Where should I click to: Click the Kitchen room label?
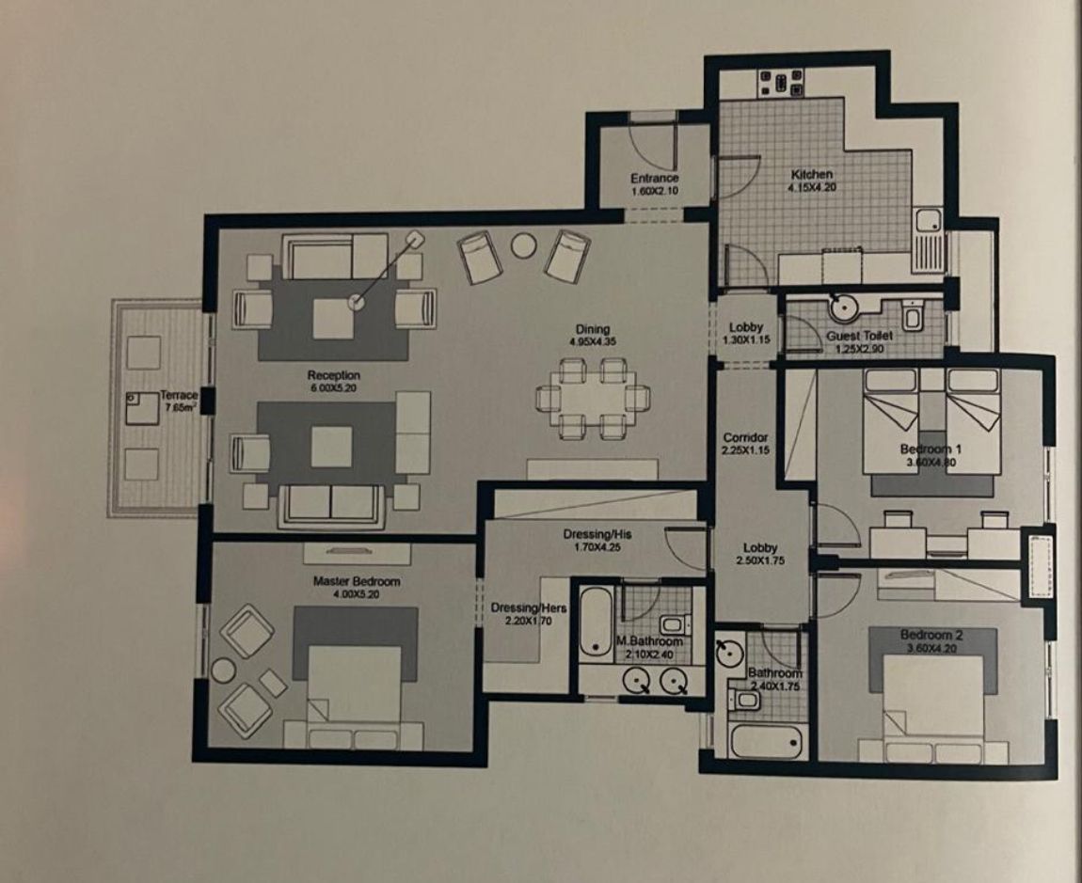coord(811,175)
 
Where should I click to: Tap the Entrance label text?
coord(654,179)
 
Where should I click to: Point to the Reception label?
coord(333,375)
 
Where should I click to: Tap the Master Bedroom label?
coord(356,581)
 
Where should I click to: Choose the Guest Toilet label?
coord(860,336)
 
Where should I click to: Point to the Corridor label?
coord(746,437)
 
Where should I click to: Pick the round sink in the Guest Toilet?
coord(838,307)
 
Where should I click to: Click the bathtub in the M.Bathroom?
coord(594,622)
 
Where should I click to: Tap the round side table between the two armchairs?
coord(522,245)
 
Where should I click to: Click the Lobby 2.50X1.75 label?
coord(760,554)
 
